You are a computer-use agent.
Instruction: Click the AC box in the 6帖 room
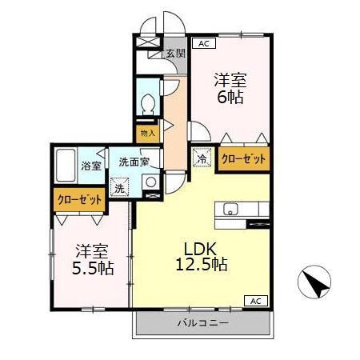click(x=204, y=43)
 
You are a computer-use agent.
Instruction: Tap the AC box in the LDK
click(x=256, y=301)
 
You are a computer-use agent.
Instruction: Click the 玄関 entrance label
click(x=176, y=54)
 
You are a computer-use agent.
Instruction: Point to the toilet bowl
click(x=148, y=103)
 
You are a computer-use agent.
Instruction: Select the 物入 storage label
click(x=148, y=133)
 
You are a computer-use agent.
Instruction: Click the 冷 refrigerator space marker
click(x=202, y=158)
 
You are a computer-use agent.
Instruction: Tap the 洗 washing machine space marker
click(x=120, y=187)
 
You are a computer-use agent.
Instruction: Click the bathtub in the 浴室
click(x=66, y=166)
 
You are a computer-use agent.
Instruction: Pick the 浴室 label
click(x=91, y=166)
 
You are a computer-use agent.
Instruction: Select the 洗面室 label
click(x=134, y=162)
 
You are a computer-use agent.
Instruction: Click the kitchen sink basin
click(x=230, y=209)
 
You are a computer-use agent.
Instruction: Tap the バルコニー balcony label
click(x=203, y=323)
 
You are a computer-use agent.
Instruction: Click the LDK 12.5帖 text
click(x=202, y=257)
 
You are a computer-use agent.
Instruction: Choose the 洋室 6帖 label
click(x=230, y=88)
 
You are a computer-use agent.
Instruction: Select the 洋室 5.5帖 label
click(x=93, y=259)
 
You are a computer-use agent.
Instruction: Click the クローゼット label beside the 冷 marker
click(x=244, y=159)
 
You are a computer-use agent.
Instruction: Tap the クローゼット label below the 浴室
click(x=80, y=199)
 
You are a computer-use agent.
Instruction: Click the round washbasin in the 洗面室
click(x=151, y=182)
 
